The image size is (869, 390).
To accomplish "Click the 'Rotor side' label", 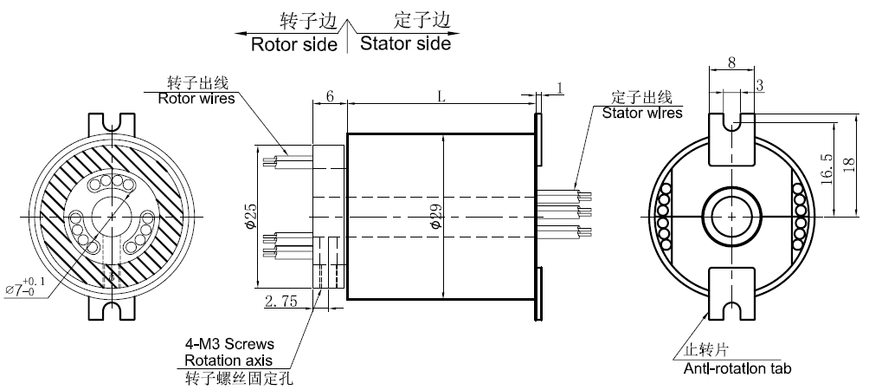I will click(293, 44).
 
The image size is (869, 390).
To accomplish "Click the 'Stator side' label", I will click(405, 43).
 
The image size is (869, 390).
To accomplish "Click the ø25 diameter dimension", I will click(251, 215).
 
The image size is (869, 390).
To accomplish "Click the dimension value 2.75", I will click(281, 302).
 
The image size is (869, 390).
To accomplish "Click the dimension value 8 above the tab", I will click(731, 62).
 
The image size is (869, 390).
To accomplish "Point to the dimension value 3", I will click(759, 85).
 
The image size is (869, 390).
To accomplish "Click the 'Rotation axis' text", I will click(229, 361).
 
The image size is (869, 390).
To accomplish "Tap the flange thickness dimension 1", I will click(560, 88).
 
